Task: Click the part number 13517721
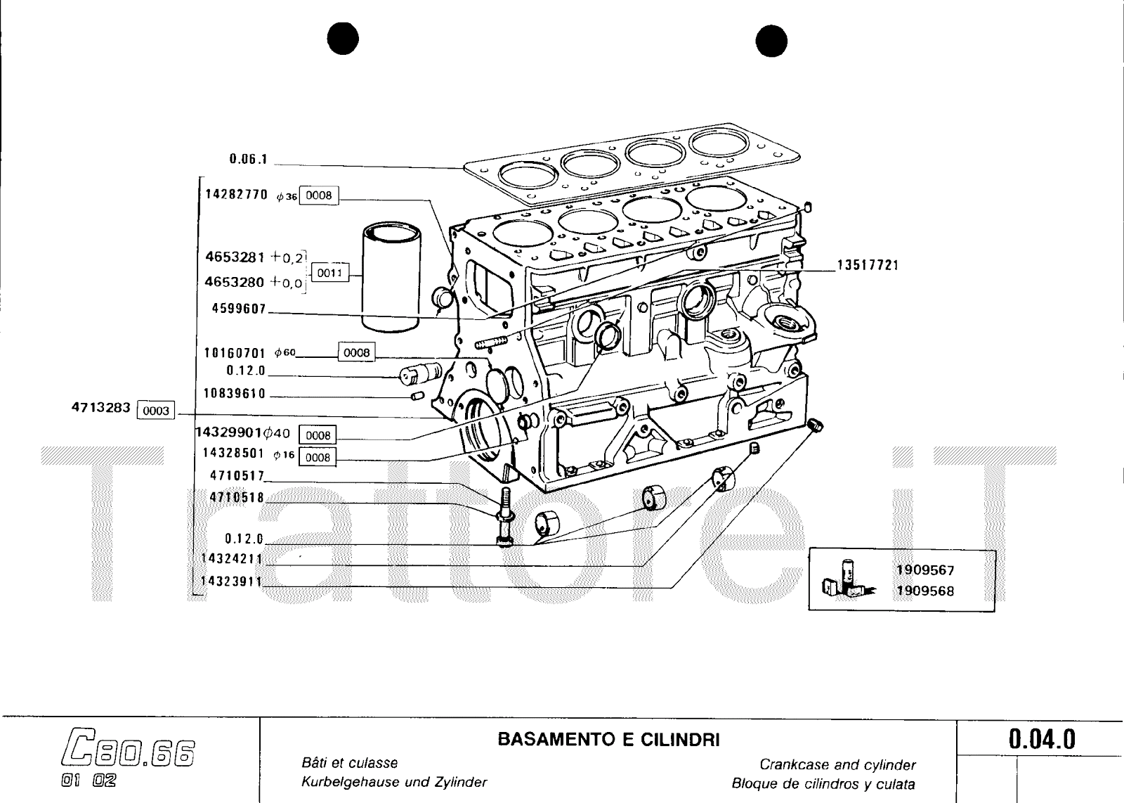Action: [868, 266]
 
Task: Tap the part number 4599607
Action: [239, 309]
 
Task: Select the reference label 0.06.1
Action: [249, 160]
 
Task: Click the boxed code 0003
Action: [155, 410]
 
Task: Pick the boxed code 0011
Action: [329, 272]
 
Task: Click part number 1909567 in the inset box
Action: [925, 570]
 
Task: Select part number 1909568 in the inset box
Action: [925, 591]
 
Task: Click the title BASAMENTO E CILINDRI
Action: [608, 740]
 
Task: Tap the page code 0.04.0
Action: [1042, 740]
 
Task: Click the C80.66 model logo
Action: [129, 752]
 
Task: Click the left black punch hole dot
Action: [342, 40]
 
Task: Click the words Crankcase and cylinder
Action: [837, 764]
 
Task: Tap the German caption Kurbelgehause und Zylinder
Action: [393, 782]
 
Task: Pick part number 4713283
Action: [101, 408]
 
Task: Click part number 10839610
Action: [235, 394]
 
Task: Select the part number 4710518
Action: [237, 498]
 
